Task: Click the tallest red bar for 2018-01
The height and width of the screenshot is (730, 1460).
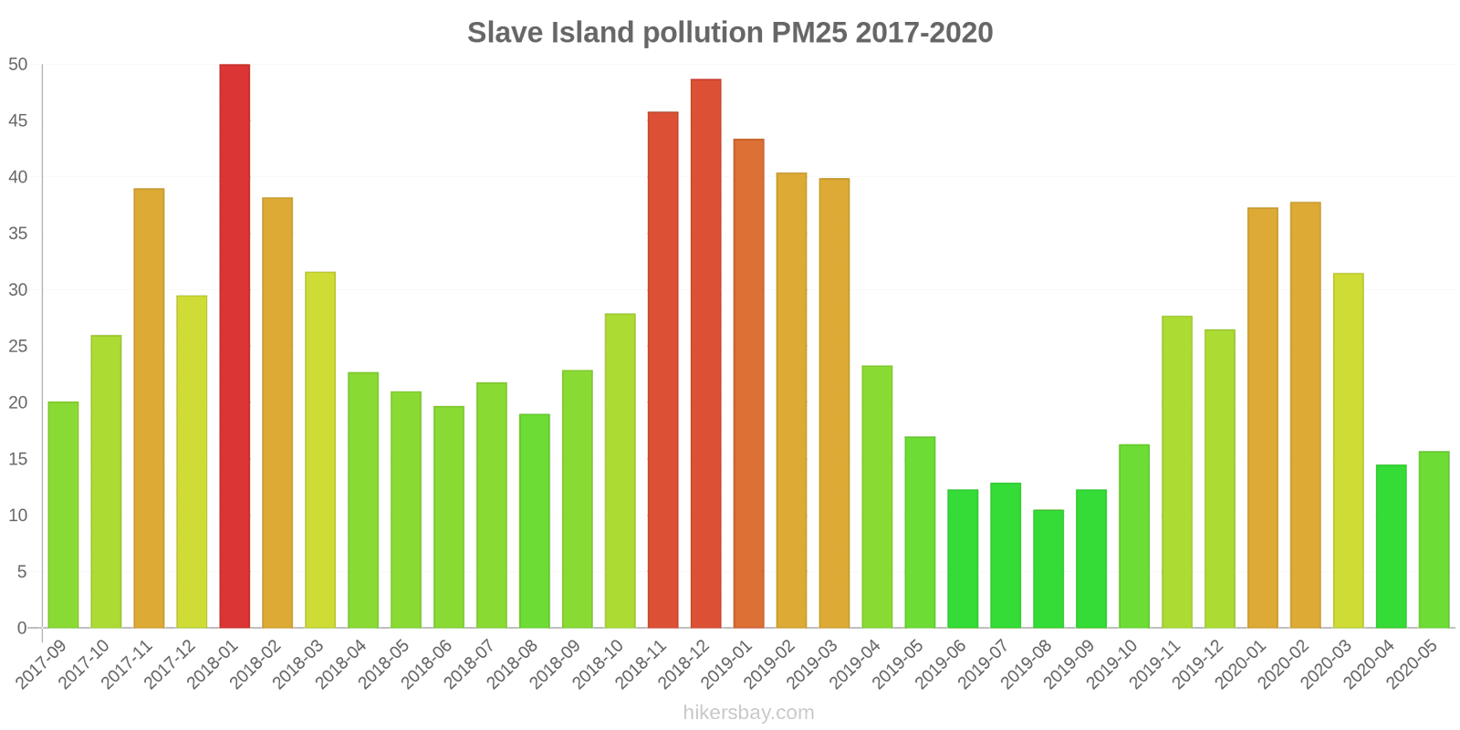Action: click(x=235, y=346)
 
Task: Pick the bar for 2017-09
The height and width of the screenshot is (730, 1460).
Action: click(x=63, y=515)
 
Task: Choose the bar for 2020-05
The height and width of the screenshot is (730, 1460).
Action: click(x=1434, y=539)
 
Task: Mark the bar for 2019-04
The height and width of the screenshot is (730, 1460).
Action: click(x=877, y=496)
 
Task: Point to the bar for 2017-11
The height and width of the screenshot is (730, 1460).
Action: click(x=149, y=408)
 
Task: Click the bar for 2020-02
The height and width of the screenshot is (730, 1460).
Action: click(x=1305, y=415)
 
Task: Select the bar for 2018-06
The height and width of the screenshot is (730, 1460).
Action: click(x=449, y=516)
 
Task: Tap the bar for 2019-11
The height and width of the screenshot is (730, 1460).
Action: click(x=1177, y=472)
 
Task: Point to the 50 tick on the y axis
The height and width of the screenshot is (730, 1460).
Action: click(x=18, y=65)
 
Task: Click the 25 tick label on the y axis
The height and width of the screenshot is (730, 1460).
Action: click(x=18, y=347)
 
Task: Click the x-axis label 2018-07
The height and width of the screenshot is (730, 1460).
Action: click(x=467, y=663)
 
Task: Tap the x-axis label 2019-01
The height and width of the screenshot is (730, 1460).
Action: click(x=725, y=663)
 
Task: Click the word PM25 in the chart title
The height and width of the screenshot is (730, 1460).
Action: click(x=808, y=33)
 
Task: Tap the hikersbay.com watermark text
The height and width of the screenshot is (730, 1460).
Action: click(x=748, y=713)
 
